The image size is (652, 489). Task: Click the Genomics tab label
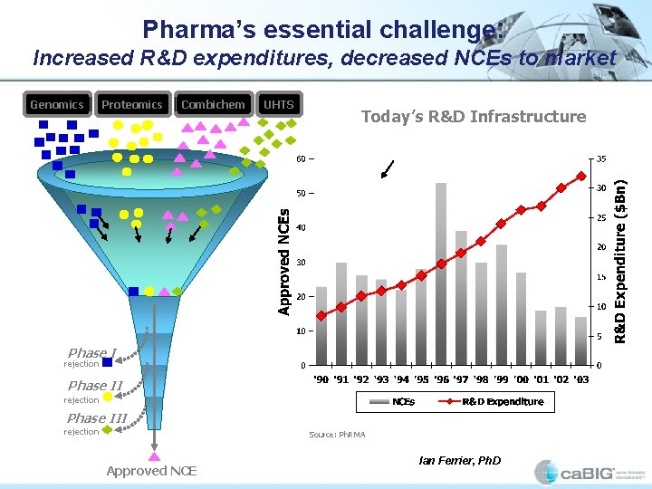point(57,104)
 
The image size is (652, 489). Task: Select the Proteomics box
point(132,104)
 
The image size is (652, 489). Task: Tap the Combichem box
point(213,104)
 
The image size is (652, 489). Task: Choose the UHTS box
point(278,104)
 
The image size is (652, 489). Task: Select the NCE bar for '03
point(581,340)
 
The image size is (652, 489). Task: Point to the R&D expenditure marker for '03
point(581,176)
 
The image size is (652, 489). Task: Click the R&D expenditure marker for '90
point(321,316)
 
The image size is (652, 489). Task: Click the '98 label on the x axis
point(481,379)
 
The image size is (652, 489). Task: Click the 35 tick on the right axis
point(600,158)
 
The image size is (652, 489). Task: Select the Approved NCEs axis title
point(284,262)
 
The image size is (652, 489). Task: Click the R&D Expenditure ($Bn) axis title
point(621,261)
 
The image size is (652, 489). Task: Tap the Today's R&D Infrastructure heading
point(473,116)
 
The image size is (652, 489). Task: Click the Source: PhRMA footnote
point(337,436)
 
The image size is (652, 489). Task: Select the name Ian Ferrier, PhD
point(459,461)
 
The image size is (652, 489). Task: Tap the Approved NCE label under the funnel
point(151,470)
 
